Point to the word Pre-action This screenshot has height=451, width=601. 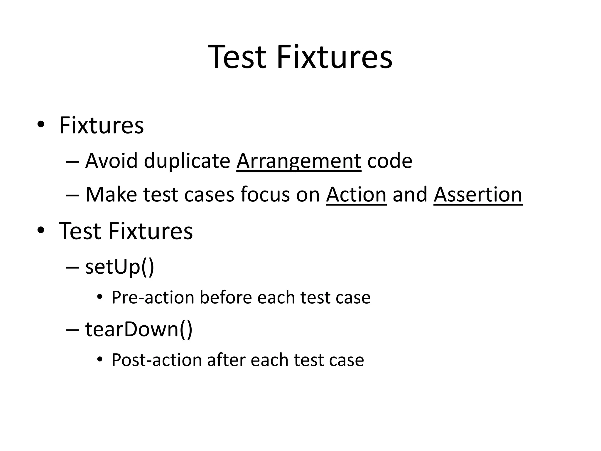[x=153, y=297]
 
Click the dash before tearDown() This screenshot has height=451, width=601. [x=72, y=330]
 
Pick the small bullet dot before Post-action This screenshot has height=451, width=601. [x=100, y=359]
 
